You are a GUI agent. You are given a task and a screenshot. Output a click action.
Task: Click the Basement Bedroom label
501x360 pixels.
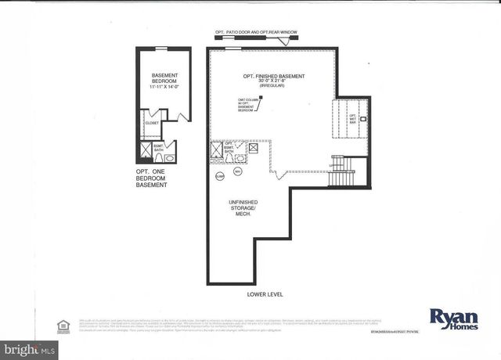point(165,79)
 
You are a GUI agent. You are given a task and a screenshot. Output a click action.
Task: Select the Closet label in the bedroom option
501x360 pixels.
point(152,123)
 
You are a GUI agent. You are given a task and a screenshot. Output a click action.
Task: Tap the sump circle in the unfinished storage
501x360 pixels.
point(219,175)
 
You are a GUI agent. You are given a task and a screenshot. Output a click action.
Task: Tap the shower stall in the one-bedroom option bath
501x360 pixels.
point(146,151)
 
